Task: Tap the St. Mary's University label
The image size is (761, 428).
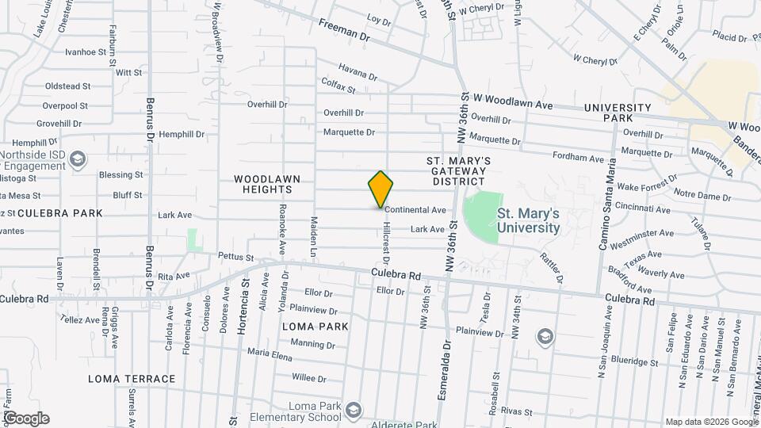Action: [x=528, y=220]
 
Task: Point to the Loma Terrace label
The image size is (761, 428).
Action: [x=132, y=379]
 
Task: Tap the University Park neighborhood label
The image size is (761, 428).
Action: [x=618, y=113]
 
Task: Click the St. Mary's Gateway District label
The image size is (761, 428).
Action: [x=461, y=171]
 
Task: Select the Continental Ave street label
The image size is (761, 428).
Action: [x=416, y=210]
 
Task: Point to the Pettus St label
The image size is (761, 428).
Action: [x=236, y=258]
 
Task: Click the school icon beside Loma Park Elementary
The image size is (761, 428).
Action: [x=353, y=411]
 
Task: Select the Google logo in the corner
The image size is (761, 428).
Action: [x=26, y=418]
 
